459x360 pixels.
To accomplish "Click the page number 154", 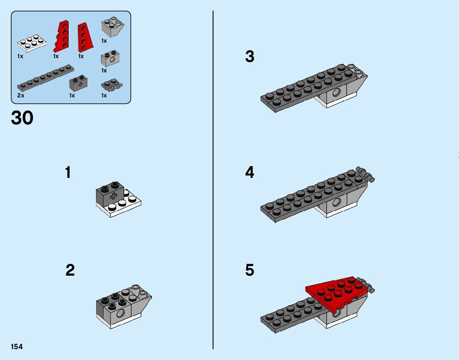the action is point(17,347).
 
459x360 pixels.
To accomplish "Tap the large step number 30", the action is point(22,118).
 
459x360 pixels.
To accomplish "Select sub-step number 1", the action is point(68,172).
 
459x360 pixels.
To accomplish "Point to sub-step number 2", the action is point(70,270).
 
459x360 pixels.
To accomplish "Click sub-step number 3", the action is point(250,57).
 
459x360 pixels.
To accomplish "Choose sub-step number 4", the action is point(250,172).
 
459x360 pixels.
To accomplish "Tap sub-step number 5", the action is point(250,270).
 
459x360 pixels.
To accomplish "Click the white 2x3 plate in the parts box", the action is point(32,43).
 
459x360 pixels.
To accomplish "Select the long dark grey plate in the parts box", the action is point(45,78).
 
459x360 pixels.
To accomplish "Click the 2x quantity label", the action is point(21,95).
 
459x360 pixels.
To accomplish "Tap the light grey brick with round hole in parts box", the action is point(110,59).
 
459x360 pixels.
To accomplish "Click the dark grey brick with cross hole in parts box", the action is point(79,83).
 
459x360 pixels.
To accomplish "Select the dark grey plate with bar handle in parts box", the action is point(111,85).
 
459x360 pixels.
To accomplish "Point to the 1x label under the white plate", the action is point(20,56).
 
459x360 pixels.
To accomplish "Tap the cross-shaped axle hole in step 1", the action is point(113,196).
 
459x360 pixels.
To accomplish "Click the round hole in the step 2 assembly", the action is point(120,314).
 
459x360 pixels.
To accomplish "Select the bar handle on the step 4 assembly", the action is point(366,174).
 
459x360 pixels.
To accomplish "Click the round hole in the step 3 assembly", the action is point(337,92).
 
